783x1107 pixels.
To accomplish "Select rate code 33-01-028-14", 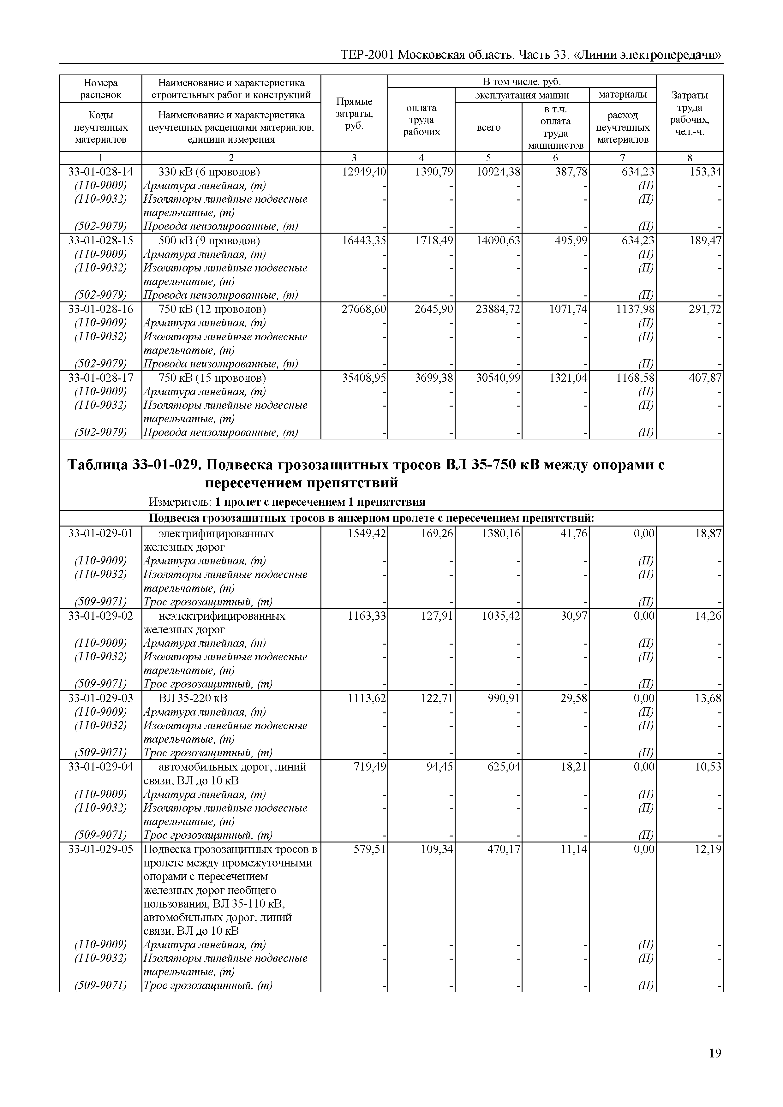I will [100, 172].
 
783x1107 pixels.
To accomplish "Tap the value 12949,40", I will [364, 172].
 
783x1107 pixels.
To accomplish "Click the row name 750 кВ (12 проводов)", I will [212, 309].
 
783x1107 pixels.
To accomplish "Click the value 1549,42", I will [367, 533].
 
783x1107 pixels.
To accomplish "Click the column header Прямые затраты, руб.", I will [354, 114].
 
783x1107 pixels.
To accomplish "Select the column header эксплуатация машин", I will [522, 95].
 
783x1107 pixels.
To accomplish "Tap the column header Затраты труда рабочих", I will [690, 114].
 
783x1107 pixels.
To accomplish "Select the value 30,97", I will [574, 616].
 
